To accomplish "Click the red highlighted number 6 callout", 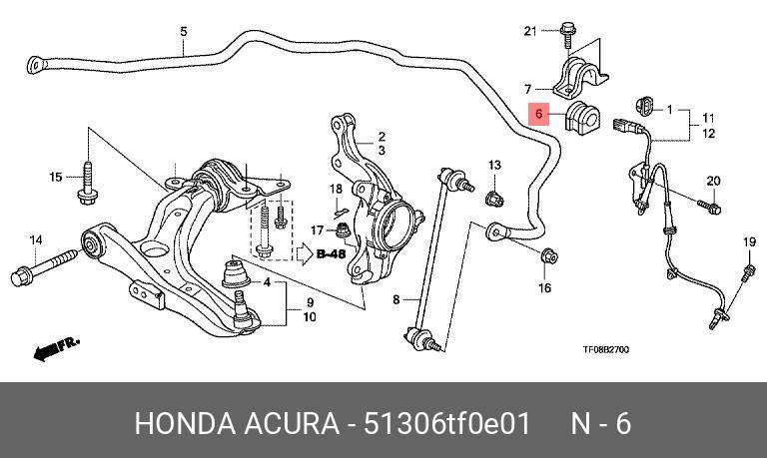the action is tap(538, 114).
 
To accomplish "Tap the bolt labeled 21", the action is tap(567, 33).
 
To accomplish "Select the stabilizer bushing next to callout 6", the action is tap(582, 116).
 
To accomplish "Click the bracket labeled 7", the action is tap(580, 77).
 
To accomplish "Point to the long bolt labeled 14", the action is tap(45, 267).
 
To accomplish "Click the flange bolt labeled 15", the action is tap(88, 183).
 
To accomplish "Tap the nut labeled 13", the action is tap(494, 199).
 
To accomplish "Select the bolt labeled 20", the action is tap(710, 207).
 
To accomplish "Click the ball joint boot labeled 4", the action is tap(236, 274).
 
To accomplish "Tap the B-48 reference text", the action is tap(332, 254).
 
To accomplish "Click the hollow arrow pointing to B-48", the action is tap(305, 254).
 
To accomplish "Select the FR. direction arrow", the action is tap(56, 348).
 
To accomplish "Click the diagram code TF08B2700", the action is tap(605, 349).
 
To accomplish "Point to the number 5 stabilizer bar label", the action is tap(184, 32).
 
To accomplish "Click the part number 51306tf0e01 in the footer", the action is tap(446, 423).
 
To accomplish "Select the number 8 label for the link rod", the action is tap(396, 298).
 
